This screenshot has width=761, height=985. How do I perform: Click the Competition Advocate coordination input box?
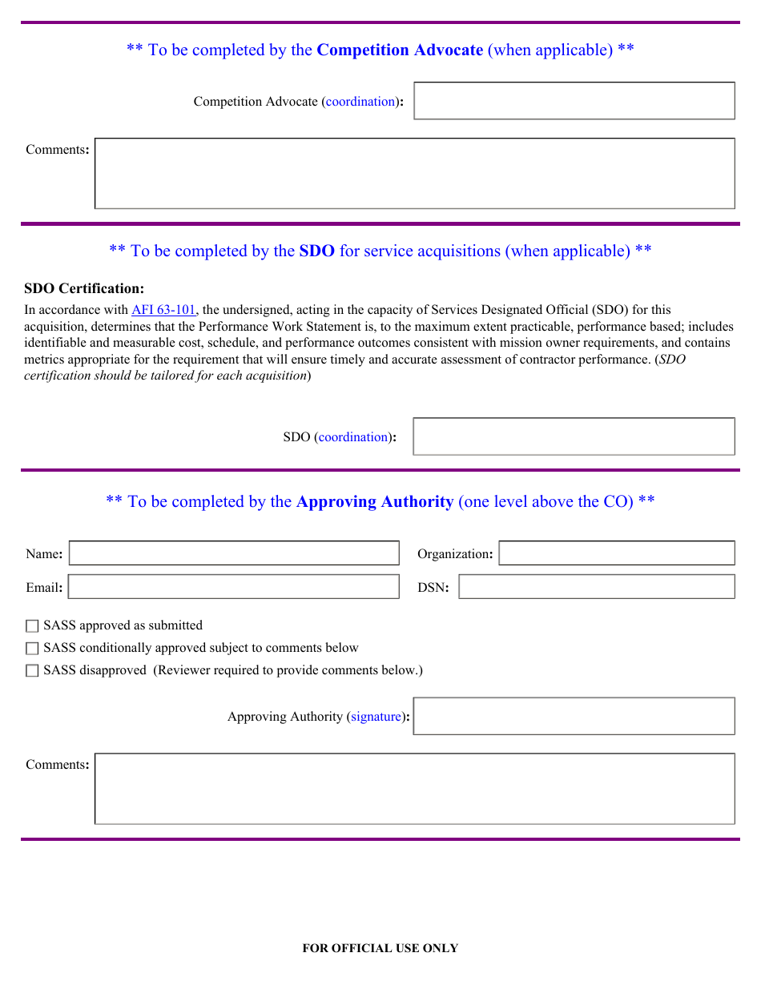coord(574,101)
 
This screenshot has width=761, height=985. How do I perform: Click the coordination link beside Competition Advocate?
coord(360,102)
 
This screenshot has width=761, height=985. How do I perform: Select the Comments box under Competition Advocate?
coord(414,174)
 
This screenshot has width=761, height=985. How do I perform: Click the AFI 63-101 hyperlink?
coord(163,310)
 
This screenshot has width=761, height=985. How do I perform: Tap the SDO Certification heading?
coord(84,289)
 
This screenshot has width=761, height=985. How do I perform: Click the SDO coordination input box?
coord(574,436)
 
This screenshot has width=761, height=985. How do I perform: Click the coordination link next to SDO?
coord(353,437)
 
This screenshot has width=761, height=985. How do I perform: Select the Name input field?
coord(234,553)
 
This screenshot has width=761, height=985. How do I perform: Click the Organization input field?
coord(616,553)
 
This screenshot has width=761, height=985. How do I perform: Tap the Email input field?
coord(234,587)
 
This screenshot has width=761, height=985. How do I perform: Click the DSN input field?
coord(596,587)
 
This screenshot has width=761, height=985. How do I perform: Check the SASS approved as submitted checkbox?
coord(32,626)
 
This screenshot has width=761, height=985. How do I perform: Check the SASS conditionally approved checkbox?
coord(32,649)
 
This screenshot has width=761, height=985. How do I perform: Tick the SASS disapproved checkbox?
coord(32,671)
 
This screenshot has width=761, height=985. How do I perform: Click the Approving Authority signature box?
coord(574,716)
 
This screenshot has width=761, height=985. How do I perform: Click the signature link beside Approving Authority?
coord(376,717)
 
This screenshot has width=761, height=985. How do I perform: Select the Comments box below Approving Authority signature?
coord(414,789)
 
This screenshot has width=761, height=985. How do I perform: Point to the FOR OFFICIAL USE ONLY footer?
coord(380,948)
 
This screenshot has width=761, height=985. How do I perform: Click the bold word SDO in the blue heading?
coord(316,251)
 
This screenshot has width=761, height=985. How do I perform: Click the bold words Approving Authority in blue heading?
coord(375,501)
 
